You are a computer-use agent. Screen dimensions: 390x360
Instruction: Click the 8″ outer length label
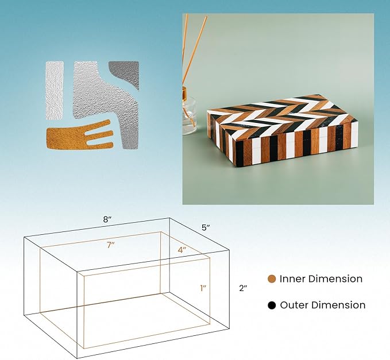tap(107, 219)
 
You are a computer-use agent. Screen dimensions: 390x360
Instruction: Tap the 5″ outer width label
tap(206, 227)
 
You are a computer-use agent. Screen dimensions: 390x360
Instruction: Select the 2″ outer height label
tap(243, 288)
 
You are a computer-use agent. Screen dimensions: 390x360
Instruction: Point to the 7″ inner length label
tap(111, 245)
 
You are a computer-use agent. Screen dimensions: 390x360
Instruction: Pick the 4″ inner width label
tap(182, 250)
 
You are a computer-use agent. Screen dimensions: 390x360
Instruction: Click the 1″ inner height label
tap(203, 288)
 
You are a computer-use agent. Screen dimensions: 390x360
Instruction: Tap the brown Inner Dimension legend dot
tap(272, 278)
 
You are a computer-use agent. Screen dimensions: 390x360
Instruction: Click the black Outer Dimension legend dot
tap(272, 305)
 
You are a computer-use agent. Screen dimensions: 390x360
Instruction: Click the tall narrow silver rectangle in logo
tap(55, 91)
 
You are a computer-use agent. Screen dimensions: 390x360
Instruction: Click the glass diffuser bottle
tap(189, 114)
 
